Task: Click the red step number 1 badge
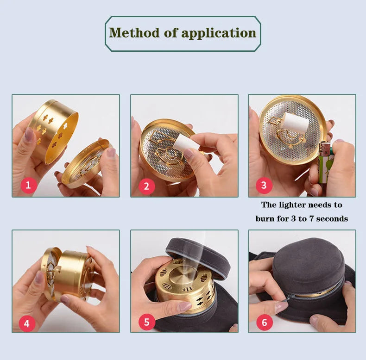[x=28, y=186]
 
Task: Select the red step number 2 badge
[x=146, y=186]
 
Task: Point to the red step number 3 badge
[x=264, y=186]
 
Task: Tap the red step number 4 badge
[x=26, y=323]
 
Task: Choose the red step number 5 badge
[x=146, y=323]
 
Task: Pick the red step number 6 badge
[x=264, y=323]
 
